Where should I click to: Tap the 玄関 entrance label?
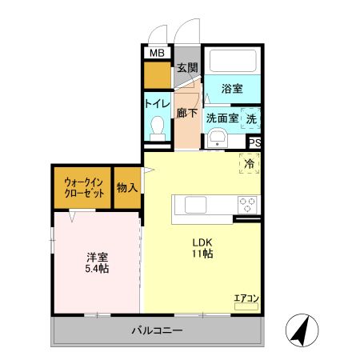[x=186, y=68]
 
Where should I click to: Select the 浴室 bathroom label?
[x=233, y=90]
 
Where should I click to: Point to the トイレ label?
[x=156, y=104]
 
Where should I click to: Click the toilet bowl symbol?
[x=157, y=127]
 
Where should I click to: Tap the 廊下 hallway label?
[x=186, y=114]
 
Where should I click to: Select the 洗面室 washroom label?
[x=222, y=118]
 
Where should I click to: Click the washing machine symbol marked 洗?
[x=251, y=118]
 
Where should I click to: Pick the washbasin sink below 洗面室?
[x=217, y=140]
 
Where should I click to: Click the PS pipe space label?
[x=254, y=143]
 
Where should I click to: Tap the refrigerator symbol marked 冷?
[x=250, y=163]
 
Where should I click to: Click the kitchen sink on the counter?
[x=197, y=205]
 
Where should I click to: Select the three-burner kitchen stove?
[x=247, y=204]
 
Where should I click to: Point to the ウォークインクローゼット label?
[x=83, y=187]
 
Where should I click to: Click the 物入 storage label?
[x=127, y=188]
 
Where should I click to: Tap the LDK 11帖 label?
[x=201, y=248]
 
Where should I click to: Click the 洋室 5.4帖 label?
[x=98, y=262]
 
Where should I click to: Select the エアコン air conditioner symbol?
[x=246, y=301]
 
